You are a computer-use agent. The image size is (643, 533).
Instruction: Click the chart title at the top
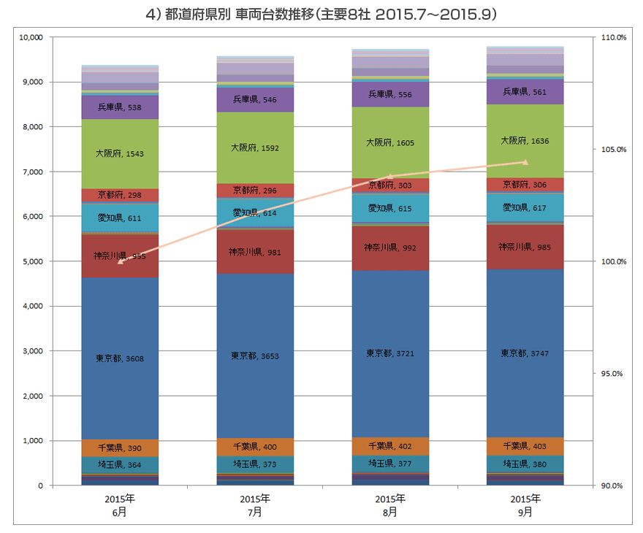click(x=321, y=15)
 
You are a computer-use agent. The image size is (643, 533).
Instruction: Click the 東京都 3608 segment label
click(x=120, y=358)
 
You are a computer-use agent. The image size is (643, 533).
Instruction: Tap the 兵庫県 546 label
click(x=255, y=99)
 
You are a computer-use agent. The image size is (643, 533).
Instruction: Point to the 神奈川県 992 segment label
click(x=390, y=248)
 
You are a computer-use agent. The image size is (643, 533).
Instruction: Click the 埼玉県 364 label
click(x=120, y=465)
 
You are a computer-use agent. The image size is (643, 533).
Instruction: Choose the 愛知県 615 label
click(x=390, y=209)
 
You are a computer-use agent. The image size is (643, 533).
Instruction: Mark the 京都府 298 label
click(x=120, y=196)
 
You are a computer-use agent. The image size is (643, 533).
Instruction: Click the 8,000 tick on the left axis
click(x=32, y=127)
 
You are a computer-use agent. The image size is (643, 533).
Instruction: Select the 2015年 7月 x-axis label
click(x=255, y=505)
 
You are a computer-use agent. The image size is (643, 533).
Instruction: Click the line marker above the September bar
click(x=525, y=162)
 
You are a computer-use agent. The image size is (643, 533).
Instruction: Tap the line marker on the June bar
click(x=120, y=261)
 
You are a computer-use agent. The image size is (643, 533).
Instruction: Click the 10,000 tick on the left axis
click(x=31, y=37)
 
